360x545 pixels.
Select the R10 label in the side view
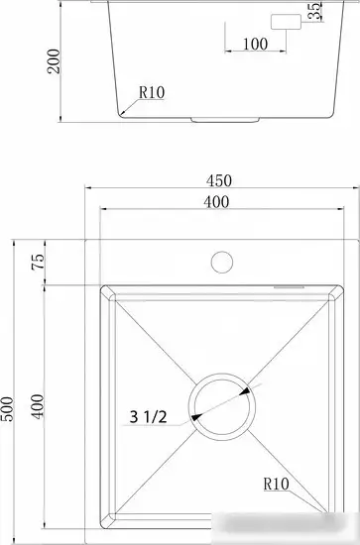151,92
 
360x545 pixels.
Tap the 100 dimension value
255,45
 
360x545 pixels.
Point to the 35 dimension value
313,13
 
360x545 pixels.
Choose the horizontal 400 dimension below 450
217,202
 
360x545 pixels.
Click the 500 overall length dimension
9,406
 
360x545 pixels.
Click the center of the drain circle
223,407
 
